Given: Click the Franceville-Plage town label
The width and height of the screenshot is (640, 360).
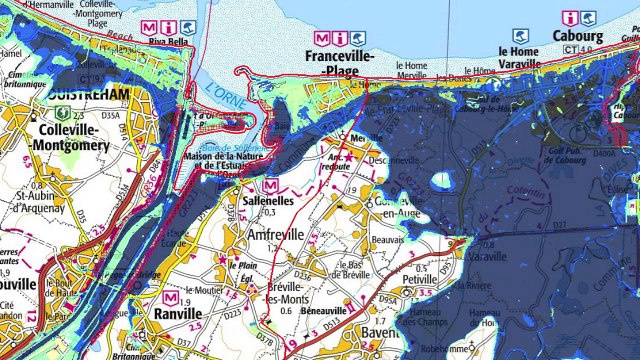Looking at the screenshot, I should pyautogui.click(x=339, y=57).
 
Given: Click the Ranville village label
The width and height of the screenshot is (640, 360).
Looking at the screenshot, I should pyautogui.click(x=178, y=312).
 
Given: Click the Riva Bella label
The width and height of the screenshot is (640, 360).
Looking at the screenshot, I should pyautogui.click(x=164, y=43).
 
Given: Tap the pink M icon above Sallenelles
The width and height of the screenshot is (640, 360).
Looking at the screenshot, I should pyautogui.click(x=270, y=185).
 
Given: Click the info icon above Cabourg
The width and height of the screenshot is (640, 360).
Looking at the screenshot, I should pyautogui.click(x=570, y=17).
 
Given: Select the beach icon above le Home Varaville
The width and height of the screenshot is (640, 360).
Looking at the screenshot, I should pyautogui.click(x=519, y=36).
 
